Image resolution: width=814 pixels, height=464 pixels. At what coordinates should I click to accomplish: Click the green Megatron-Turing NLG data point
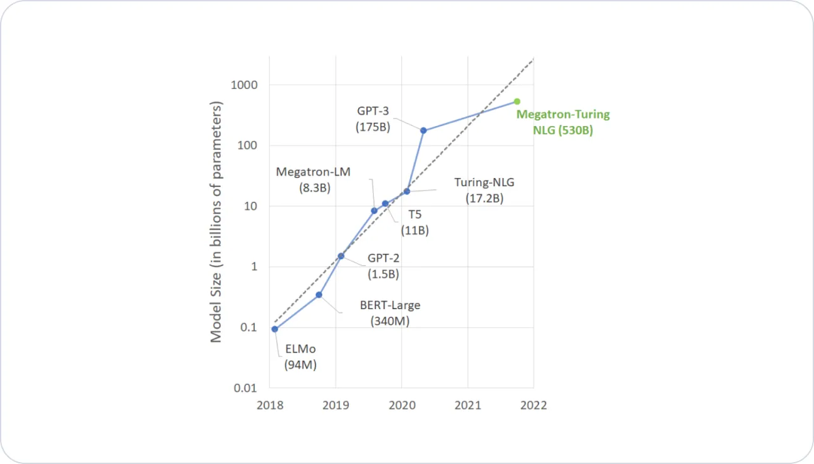517,102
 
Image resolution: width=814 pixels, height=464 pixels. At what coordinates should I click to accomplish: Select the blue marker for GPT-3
423,130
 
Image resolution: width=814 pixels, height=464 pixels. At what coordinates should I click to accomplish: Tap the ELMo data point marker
275,329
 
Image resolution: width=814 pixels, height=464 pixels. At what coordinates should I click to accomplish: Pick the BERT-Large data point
319,295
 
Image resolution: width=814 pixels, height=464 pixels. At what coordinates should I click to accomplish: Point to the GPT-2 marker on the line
341,256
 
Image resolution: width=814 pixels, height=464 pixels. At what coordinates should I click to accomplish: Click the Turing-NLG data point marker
406,191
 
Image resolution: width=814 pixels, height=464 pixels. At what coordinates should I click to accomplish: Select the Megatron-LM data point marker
374,211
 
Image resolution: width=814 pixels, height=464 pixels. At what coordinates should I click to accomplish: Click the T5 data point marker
385,204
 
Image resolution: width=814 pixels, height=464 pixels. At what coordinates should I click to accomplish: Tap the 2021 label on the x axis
468,405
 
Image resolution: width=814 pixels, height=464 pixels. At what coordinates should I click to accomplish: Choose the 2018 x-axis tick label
269,405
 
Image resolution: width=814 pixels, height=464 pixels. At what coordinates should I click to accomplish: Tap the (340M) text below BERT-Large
389,321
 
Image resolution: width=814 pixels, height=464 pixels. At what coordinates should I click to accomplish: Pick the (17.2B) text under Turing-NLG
484,198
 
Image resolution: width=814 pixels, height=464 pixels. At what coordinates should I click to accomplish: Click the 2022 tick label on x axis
533,405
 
